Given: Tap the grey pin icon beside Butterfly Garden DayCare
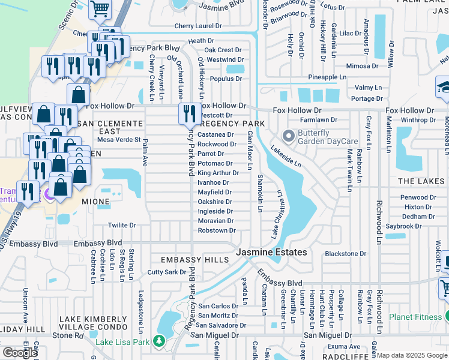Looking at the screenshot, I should [289, 137].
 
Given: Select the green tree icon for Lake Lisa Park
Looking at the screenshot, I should [159, 341].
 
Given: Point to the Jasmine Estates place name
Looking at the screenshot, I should [271, 253].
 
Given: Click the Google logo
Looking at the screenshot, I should [20, 353].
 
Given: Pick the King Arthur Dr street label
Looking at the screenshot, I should [218, 173].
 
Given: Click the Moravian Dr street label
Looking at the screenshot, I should [216, 221].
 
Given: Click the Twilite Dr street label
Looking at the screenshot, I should [122, 226].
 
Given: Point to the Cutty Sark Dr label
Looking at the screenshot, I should [167, 272].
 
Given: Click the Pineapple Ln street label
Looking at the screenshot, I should [327, 77].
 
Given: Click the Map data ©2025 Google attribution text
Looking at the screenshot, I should [412, 355].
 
